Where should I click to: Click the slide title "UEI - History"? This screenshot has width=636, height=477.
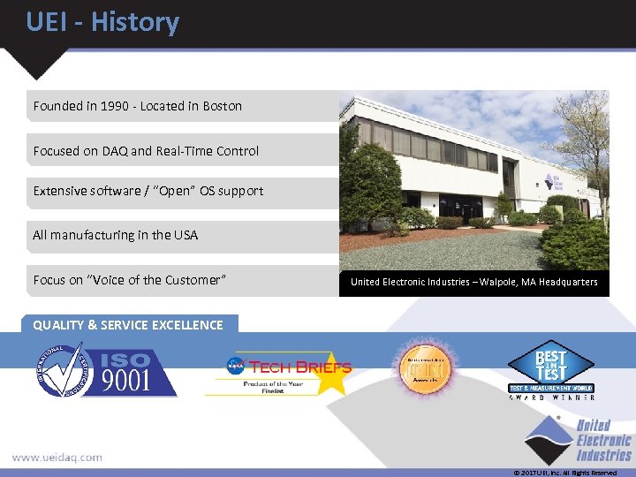point(102,22)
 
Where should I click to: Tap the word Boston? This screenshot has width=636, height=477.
point(222,106)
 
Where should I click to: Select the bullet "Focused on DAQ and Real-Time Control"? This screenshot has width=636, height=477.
point(146,151)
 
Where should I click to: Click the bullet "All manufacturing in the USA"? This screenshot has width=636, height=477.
point(115,235)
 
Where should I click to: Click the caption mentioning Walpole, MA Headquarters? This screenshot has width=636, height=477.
point(473,282)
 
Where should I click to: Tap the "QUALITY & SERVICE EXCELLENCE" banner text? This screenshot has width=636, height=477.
point(128,325)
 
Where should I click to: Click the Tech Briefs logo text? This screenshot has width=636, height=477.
point(300,367)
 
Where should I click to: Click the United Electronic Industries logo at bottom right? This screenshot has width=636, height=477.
point(579,440)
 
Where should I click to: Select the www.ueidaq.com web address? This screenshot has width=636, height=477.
point(57,458)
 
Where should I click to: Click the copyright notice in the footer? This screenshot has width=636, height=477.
point(565,473)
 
